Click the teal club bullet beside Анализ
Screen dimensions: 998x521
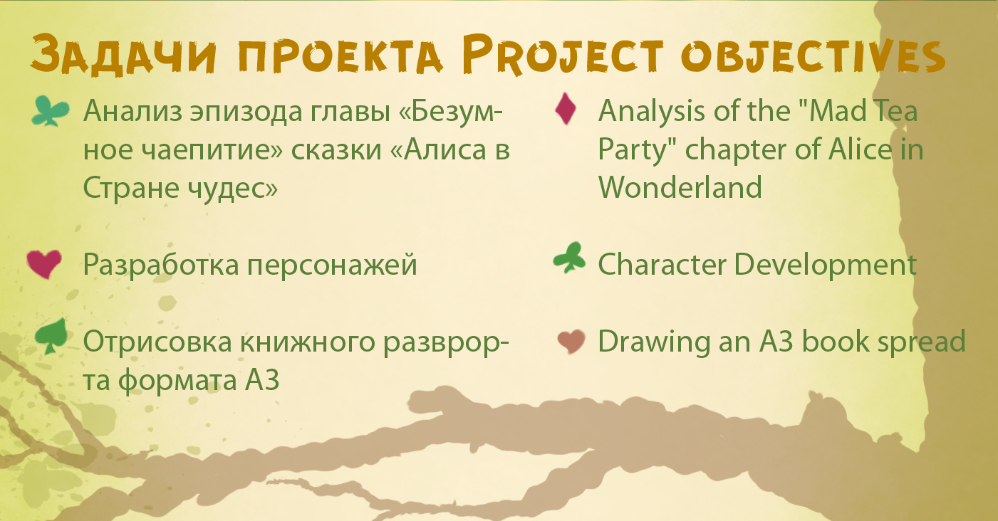[x=51, y=111]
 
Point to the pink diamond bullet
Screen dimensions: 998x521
[x=566, y=108]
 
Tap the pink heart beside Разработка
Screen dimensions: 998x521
[x=44, y=263]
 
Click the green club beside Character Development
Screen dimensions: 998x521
[x=569, y=258]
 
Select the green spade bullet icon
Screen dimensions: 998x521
[x=51, y=337]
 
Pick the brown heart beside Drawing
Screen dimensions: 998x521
[x=571, y=342]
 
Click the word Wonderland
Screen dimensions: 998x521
[x=680, y=187]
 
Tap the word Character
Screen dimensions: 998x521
[x=662, y=265]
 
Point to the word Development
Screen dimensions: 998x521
[x=826, y=265]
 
